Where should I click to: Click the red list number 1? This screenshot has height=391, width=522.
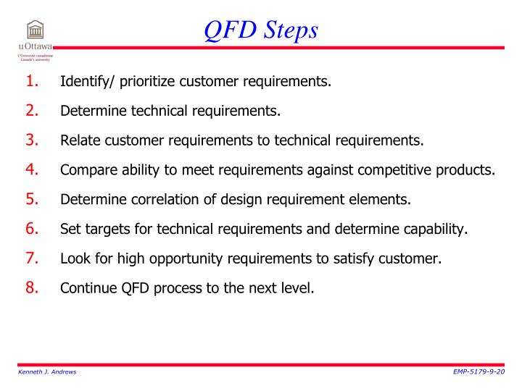[x=33, y=80]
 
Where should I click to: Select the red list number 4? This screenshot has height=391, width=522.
[x=33, y=170]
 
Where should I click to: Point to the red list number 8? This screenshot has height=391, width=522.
[x=33, y=289]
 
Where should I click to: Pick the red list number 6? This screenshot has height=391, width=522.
[x=33, y=230]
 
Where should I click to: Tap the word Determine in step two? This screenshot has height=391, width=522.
[x=91, y=111]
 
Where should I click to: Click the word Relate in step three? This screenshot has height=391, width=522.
[x=78, y=140]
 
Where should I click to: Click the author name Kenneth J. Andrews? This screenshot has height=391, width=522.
[x=46, y=371]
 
